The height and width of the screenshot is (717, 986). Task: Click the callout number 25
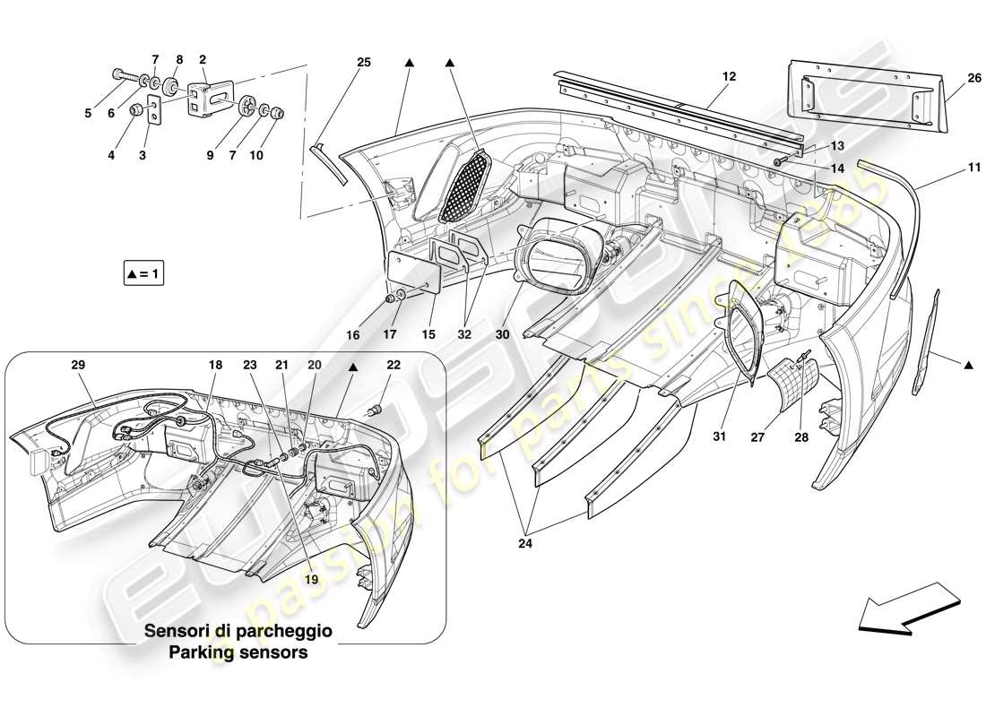pos(363,62)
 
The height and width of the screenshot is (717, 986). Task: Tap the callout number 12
pos(728,77)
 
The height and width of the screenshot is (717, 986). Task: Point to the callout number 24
pos(525,540)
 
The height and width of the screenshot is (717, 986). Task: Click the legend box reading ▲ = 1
pos(144,272)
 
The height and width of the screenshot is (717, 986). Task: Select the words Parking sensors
pos(238,652)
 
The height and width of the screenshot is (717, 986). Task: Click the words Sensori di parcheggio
pos(238,631)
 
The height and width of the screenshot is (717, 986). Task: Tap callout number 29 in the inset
pos(78,367)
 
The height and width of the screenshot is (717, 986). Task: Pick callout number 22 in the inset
pos(394,367)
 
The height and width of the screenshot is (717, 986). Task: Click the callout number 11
pos(948,167)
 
